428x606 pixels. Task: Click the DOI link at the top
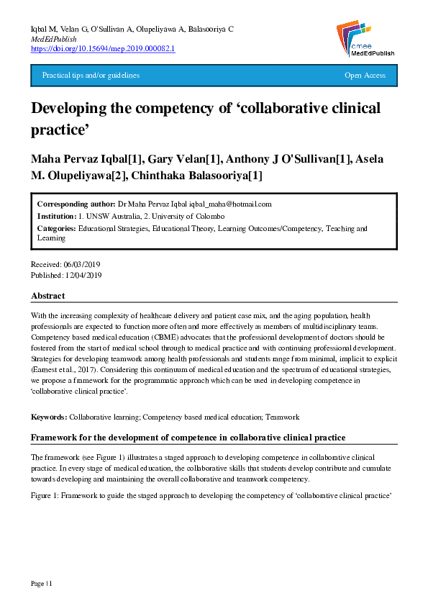[103, 48]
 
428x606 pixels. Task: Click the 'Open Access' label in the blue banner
[365, 76]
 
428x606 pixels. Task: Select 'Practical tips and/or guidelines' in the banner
[91, 76]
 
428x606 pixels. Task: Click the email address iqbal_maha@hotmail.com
[226, 204]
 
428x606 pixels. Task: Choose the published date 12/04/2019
[84, 276]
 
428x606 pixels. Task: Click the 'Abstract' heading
[47, 296]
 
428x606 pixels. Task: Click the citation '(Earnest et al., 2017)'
[65, 368]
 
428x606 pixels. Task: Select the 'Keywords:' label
[49, 417]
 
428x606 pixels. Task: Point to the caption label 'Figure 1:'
[45, 496]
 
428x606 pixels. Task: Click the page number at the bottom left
[41, 582]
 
